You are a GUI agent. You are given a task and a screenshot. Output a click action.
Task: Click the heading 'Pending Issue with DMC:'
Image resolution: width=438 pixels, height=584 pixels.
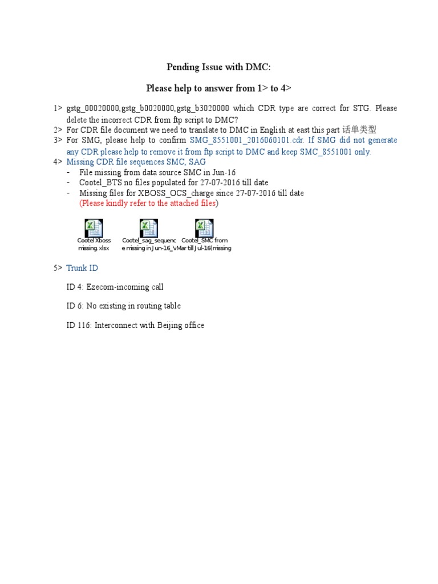218,67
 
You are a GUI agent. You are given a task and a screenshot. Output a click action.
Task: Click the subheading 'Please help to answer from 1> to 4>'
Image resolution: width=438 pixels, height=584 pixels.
218,88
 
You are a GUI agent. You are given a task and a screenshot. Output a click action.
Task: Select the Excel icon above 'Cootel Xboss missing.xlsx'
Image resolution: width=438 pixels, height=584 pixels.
94,228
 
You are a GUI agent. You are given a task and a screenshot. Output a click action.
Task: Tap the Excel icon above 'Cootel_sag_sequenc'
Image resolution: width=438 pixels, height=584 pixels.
148,228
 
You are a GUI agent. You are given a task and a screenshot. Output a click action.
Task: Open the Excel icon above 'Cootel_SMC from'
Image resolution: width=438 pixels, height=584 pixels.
204,228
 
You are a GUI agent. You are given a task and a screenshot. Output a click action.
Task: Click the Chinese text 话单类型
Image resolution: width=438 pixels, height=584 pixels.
359,129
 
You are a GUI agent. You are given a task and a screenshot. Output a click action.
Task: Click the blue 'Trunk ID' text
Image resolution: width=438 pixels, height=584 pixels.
82,268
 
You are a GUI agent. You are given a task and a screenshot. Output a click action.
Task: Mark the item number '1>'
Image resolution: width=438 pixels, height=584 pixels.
58,108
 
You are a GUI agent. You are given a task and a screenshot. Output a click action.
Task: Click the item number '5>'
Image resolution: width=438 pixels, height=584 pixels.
58,268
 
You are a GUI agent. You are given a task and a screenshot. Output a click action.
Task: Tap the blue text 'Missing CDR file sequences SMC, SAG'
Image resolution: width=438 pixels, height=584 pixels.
136,162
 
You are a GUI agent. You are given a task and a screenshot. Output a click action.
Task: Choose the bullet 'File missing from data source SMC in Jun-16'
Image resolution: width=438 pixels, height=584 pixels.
157,172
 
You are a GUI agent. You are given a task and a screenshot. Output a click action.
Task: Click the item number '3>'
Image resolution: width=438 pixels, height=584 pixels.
58,140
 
